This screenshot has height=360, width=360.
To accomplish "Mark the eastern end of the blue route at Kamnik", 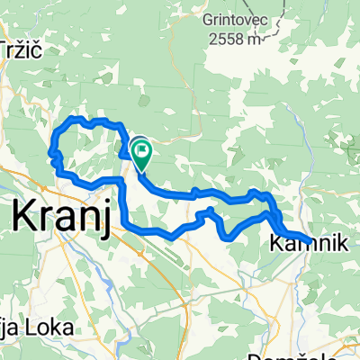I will coord(310,241).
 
